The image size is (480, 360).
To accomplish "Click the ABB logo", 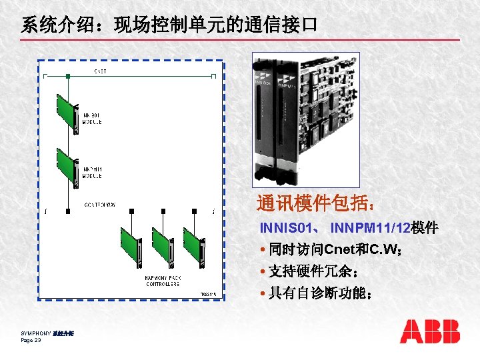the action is [x=430, y=331].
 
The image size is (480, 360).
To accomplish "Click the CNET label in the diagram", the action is [x=99, y=72].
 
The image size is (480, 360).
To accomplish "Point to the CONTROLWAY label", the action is [x=99, y=205].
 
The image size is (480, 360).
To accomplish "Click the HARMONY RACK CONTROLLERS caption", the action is [x=163, y=281].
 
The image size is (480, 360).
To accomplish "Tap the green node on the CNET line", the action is [x=67, y=77].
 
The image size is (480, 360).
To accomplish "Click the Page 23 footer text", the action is [x=31, y=340].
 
